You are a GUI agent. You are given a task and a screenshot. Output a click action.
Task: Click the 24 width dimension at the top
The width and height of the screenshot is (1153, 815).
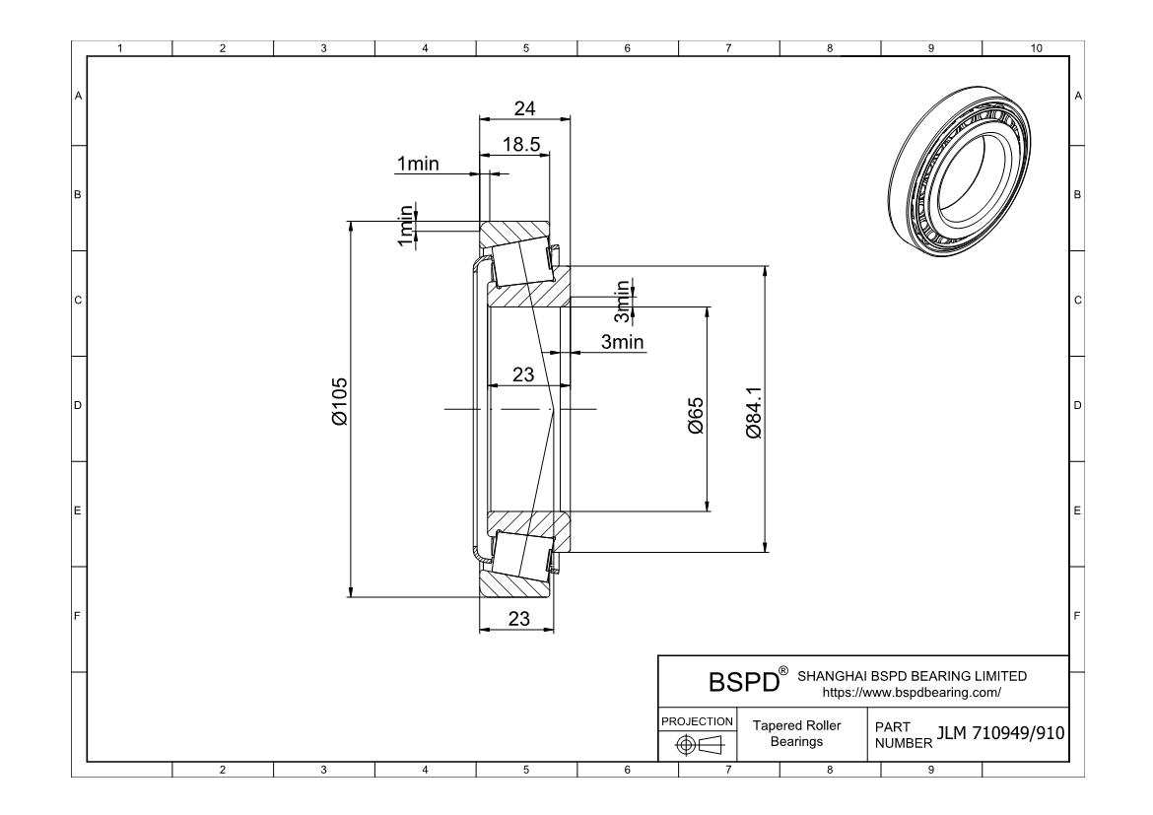525,108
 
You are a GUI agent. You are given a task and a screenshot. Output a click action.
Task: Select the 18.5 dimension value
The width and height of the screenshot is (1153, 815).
520,144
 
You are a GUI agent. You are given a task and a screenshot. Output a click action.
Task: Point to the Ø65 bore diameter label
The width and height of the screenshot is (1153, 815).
696,415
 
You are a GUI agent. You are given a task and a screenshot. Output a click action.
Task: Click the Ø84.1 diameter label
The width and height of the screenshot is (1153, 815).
755,413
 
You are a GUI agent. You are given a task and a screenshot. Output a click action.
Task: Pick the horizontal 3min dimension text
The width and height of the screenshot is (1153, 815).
622,342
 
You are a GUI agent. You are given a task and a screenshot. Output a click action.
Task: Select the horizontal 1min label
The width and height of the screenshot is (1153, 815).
417,164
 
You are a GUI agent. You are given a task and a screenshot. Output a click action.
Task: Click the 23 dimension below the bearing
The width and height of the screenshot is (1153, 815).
518,619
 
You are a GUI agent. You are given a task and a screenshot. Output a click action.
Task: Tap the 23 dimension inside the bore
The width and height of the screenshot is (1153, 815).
523,374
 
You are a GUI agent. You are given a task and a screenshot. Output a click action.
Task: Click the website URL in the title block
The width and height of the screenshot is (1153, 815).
912,692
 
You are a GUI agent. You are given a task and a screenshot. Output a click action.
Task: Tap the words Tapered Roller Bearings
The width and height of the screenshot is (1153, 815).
796,733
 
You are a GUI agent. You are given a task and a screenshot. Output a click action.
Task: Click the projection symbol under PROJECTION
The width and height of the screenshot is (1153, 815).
696,743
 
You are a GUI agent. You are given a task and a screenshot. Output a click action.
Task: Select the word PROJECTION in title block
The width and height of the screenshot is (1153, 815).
697,721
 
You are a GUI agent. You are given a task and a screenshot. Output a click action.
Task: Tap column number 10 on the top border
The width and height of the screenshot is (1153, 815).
1035,47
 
